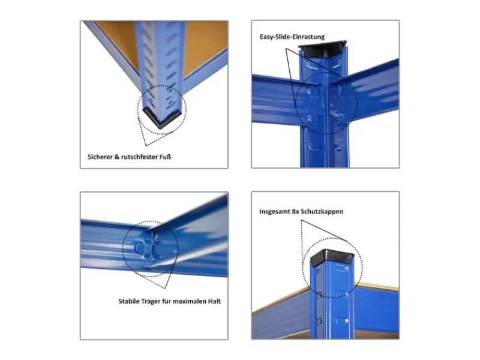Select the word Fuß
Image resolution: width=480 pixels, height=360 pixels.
tap(166, 157)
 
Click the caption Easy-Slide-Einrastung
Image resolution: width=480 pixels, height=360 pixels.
tap(292, 37)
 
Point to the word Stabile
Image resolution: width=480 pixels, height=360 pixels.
tap(128, 301)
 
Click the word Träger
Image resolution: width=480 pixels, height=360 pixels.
tap(151, 302)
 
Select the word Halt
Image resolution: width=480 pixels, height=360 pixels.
tap(215, 301)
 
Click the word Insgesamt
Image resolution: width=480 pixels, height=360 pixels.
tap(274, 212)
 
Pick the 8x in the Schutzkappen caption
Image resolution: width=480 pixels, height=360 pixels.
tap(295, 211)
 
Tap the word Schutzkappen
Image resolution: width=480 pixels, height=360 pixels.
tap(322, 212)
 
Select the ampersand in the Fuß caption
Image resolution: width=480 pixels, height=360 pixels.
tap(116, 157)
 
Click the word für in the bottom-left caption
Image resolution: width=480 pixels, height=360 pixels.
tap(166, 301)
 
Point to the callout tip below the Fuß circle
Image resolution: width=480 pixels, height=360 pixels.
tap(146, 145)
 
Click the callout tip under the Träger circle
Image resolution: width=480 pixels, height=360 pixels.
tap(166, 288)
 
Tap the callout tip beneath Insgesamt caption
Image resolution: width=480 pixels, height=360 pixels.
tap(301, 220)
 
